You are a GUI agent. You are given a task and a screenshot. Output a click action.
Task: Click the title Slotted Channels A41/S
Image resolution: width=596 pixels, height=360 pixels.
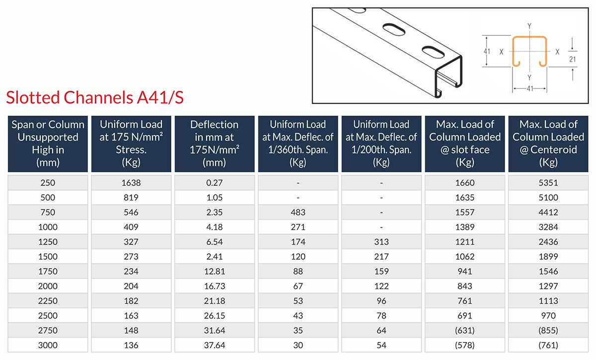point(95,97)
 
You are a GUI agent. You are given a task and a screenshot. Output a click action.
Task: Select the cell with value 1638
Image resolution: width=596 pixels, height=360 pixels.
point(131,182)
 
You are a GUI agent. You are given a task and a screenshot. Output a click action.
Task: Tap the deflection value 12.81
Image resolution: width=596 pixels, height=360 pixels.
point(215,271)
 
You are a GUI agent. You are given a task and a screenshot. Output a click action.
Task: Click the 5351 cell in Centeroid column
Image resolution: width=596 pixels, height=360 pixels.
point(548,182)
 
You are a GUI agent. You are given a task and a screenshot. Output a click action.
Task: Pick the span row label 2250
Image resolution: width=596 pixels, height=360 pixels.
point(48,300)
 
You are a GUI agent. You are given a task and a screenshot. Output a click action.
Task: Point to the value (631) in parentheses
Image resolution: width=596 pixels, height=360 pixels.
point(464,330)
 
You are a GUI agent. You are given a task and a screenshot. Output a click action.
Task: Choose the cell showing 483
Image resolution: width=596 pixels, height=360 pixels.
point(298,212)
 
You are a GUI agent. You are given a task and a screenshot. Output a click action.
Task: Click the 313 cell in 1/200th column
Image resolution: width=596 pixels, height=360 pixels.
point(381,242)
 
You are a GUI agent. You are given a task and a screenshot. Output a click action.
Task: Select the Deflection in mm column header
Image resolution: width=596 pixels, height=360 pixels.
point(215,143)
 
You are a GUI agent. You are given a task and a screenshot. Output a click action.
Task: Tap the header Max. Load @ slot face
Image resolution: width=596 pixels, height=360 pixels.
point(465,143)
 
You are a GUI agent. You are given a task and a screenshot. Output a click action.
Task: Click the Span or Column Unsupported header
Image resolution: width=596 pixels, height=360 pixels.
point(48,143)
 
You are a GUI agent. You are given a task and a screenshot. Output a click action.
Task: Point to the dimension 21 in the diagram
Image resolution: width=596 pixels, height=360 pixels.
point(573,59)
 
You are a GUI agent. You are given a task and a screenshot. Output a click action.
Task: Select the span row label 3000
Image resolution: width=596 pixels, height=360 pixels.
point(48,345)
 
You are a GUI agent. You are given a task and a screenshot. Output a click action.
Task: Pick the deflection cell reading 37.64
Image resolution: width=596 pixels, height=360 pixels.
point(215,345)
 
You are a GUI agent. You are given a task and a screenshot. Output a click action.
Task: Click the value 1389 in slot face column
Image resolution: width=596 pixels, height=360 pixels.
point(464,227)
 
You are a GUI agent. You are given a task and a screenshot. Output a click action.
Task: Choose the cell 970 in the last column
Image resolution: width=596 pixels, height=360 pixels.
point(548,315)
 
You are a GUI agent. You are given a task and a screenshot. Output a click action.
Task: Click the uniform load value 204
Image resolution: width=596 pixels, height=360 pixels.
point(131,286)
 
